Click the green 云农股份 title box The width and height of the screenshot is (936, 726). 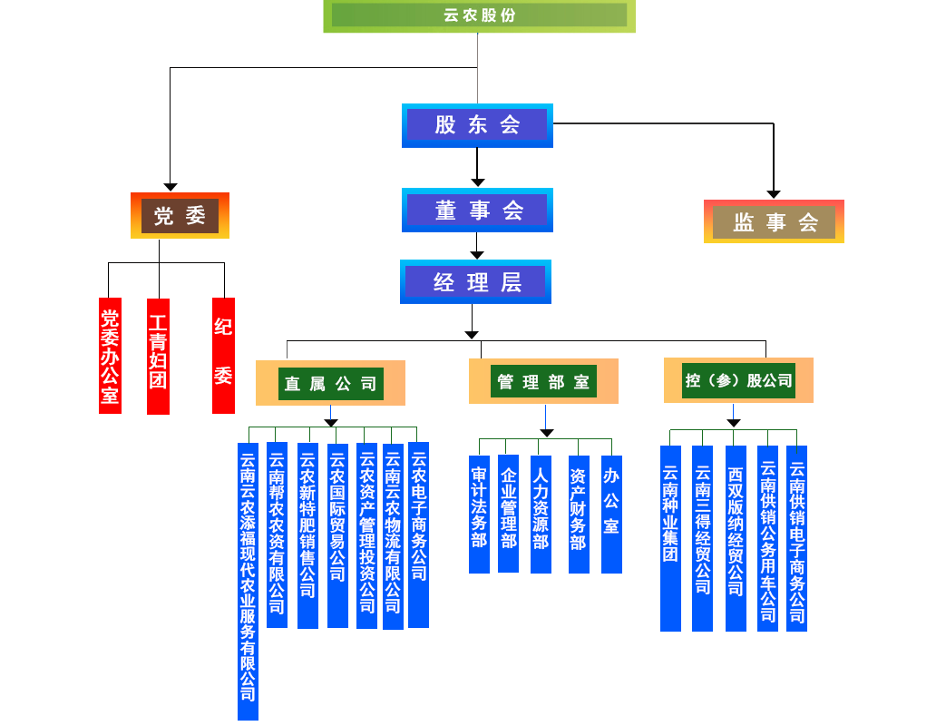click(x=479, y=15)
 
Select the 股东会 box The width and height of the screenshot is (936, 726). click(x=477, y=125)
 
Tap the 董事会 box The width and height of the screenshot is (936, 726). click(x=477, y=211)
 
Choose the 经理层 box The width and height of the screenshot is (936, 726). click(x=475, y=282)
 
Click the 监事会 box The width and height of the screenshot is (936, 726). click(x=774, y=221)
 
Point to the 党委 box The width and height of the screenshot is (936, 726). click(x=180, y=216)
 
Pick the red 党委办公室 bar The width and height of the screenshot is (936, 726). click(x=110, y=356)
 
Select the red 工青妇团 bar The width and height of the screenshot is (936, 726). click(x=158, y=356)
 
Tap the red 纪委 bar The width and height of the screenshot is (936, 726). click(x=223, y=356)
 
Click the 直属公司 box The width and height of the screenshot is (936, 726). click(x=330, y=383)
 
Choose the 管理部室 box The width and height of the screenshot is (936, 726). click(x=543, y=382)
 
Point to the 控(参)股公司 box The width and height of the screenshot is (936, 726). click(x=738, y=380)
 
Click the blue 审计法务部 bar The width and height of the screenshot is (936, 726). click(x=479, y=506)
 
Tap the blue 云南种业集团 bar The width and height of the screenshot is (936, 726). click(x=670, y=537)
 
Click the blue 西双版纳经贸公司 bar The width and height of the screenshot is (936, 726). click(x=736, y=537)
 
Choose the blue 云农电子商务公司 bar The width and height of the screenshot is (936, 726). click(x=418, y=535)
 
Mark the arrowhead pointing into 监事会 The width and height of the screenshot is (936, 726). click(x=774, y=193)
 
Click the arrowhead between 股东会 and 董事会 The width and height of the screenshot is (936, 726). click(x=478, y=181)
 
